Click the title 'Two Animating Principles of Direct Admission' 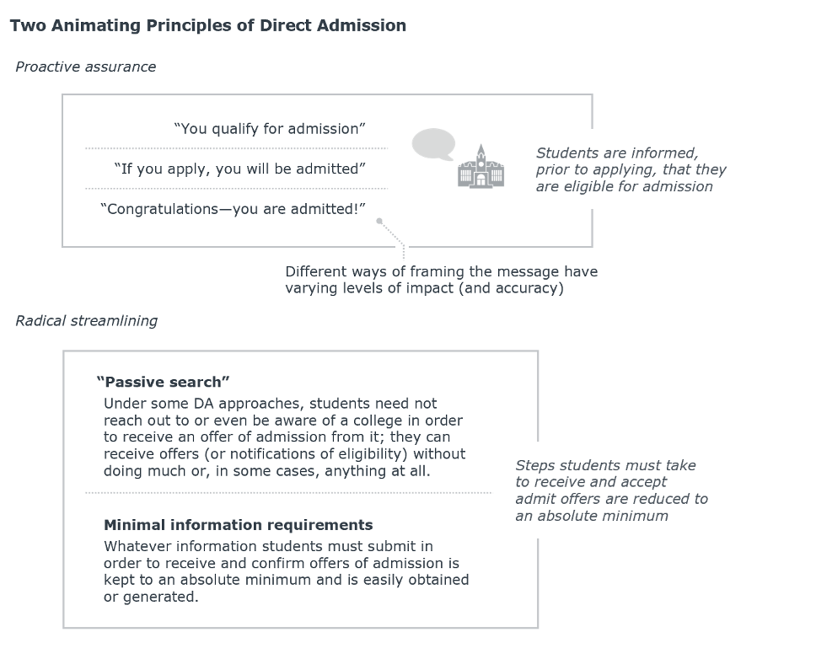[x=208, y=25]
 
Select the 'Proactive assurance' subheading [x=86, y=67]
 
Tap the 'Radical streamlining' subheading [x=86, y=320]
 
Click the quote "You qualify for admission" [x=270, y=129]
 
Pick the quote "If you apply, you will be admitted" [x=240, y=169]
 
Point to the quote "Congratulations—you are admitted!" [x=233, y=209]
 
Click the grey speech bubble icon [x=433, y=143]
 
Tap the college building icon [x=480, y=167]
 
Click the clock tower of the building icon [x=480, y=156]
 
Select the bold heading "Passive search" [x=163, y=382]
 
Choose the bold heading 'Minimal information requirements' [x=239, y=525]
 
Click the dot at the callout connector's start [x=379, y=221]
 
